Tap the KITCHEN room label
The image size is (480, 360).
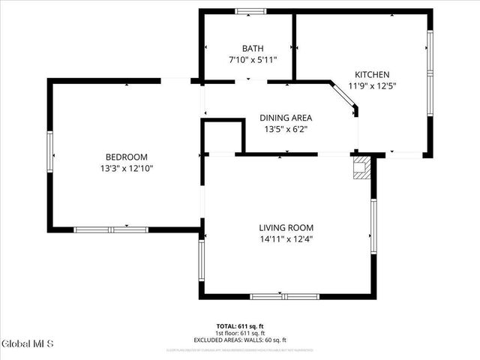[x=372, y=74]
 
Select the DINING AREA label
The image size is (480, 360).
[x=285, y=118]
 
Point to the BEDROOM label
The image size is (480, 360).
[x=126, y=157]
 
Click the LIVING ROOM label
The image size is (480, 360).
[x=286, y=228]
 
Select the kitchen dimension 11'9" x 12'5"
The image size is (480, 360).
[x=372, y=85]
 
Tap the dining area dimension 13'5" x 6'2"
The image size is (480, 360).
[x=285, y=129]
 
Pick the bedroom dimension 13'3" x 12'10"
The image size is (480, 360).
[x=126, y=168]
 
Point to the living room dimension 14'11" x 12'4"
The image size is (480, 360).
[x=286, y=239]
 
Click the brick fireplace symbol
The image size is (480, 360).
[x=362, y=168]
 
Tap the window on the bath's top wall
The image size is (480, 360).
[x=250, y=11]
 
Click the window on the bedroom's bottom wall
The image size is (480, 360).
[x=111, y=229]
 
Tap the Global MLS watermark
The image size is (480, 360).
[x=28, y=344]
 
